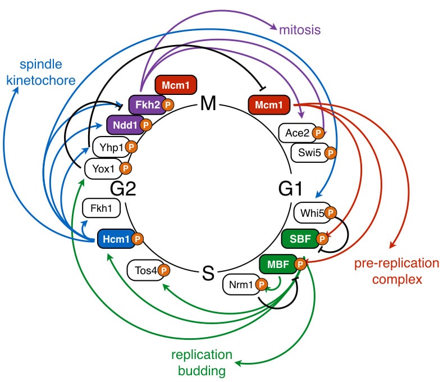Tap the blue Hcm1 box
pyautogui.click(x=116, y=239)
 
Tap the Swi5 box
pyautogui.click(x=309, y=152)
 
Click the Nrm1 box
pyautogui.click(x=241, y=285)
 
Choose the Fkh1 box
pyautogui.click(x=102, y=209)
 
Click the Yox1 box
pyautogui.click(x=103, y=167)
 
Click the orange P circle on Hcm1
pyautogui.click(x=138, y=239)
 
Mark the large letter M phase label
pyautogui.click(x=208, y=104)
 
